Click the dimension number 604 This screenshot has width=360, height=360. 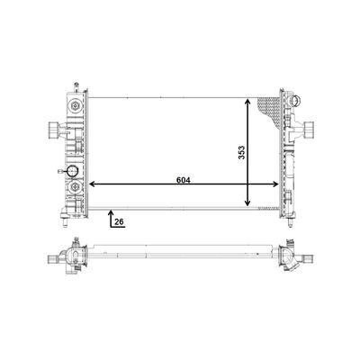(184, 180)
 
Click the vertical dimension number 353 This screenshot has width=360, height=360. (242, 152)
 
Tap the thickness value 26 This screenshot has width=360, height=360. (119, 221)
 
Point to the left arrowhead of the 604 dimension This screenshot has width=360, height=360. (92, 184)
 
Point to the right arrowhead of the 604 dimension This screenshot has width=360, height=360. (275, 184)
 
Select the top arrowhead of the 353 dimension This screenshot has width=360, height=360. (247, 102)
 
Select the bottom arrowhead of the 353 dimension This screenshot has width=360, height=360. (247, 202)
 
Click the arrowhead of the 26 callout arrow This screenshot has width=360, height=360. (111, 212)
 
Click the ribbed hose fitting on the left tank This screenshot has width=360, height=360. (53, 130)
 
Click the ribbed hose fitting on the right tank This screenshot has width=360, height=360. (309, 130)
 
